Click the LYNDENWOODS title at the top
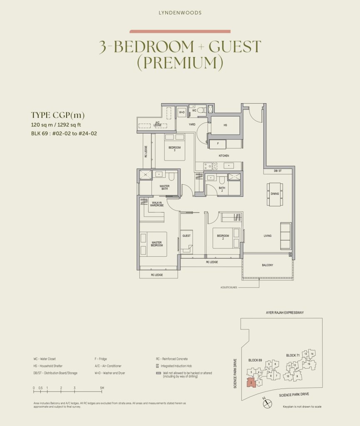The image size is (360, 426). tap(180, 13)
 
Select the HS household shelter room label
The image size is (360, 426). tap(225, 125)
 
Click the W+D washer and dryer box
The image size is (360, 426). tap(182, 112)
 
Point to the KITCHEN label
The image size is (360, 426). tap(224, 156)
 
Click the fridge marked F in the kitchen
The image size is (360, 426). tap(217, 144)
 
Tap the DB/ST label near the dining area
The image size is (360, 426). tap(278, 171)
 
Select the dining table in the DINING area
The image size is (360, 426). tap(275, 194)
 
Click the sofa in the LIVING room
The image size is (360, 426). tap(286, 236)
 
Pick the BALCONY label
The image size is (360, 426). tap(268, 265)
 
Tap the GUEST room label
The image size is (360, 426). tap(186, 236)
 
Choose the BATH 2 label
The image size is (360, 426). tap(222, 189)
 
